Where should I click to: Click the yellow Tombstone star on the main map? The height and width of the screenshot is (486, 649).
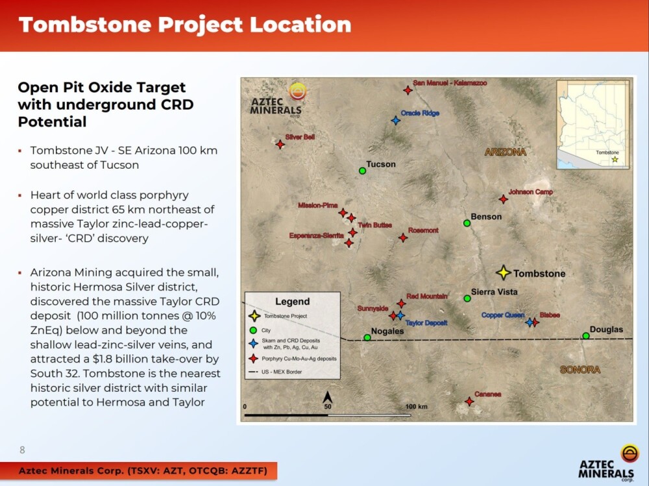(x=504, y=273)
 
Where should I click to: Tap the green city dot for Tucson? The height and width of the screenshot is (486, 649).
(x=362, y=171)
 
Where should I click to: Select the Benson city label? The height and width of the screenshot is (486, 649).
(x=486, y=217)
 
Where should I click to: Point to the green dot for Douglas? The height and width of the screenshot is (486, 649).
(x=585, y=335)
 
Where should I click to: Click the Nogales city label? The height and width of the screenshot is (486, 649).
(x=387, y=331)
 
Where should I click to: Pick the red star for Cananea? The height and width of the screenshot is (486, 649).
(x=469, y=401)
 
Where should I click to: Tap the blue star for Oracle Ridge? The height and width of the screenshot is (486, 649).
(x=396, y=121)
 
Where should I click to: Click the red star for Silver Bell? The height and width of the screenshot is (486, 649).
(x=280, y=145)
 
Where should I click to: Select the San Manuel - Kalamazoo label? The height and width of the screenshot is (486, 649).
(x=450, y=83)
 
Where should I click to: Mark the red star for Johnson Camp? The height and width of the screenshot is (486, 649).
(x=504, y=199)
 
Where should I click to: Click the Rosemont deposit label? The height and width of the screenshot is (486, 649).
(x=423, y=230)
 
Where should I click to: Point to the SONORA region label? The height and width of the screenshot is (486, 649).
(x=580, y=370)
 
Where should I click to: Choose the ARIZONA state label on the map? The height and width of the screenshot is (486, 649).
(x=506, y=152)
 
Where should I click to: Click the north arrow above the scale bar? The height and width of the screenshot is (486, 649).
(x=327, y=397)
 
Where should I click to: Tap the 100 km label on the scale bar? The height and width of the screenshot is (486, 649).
(x=417, y=407)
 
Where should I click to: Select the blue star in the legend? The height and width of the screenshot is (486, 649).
(x=253, y=344)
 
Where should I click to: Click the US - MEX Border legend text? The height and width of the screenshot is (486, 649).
(x=282, y=372)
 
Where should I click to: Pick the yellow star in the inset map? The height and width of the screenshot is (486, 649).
(x=615, y=160)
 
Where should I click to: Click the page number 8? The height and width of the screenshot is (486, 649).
(x=22, y=450)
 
